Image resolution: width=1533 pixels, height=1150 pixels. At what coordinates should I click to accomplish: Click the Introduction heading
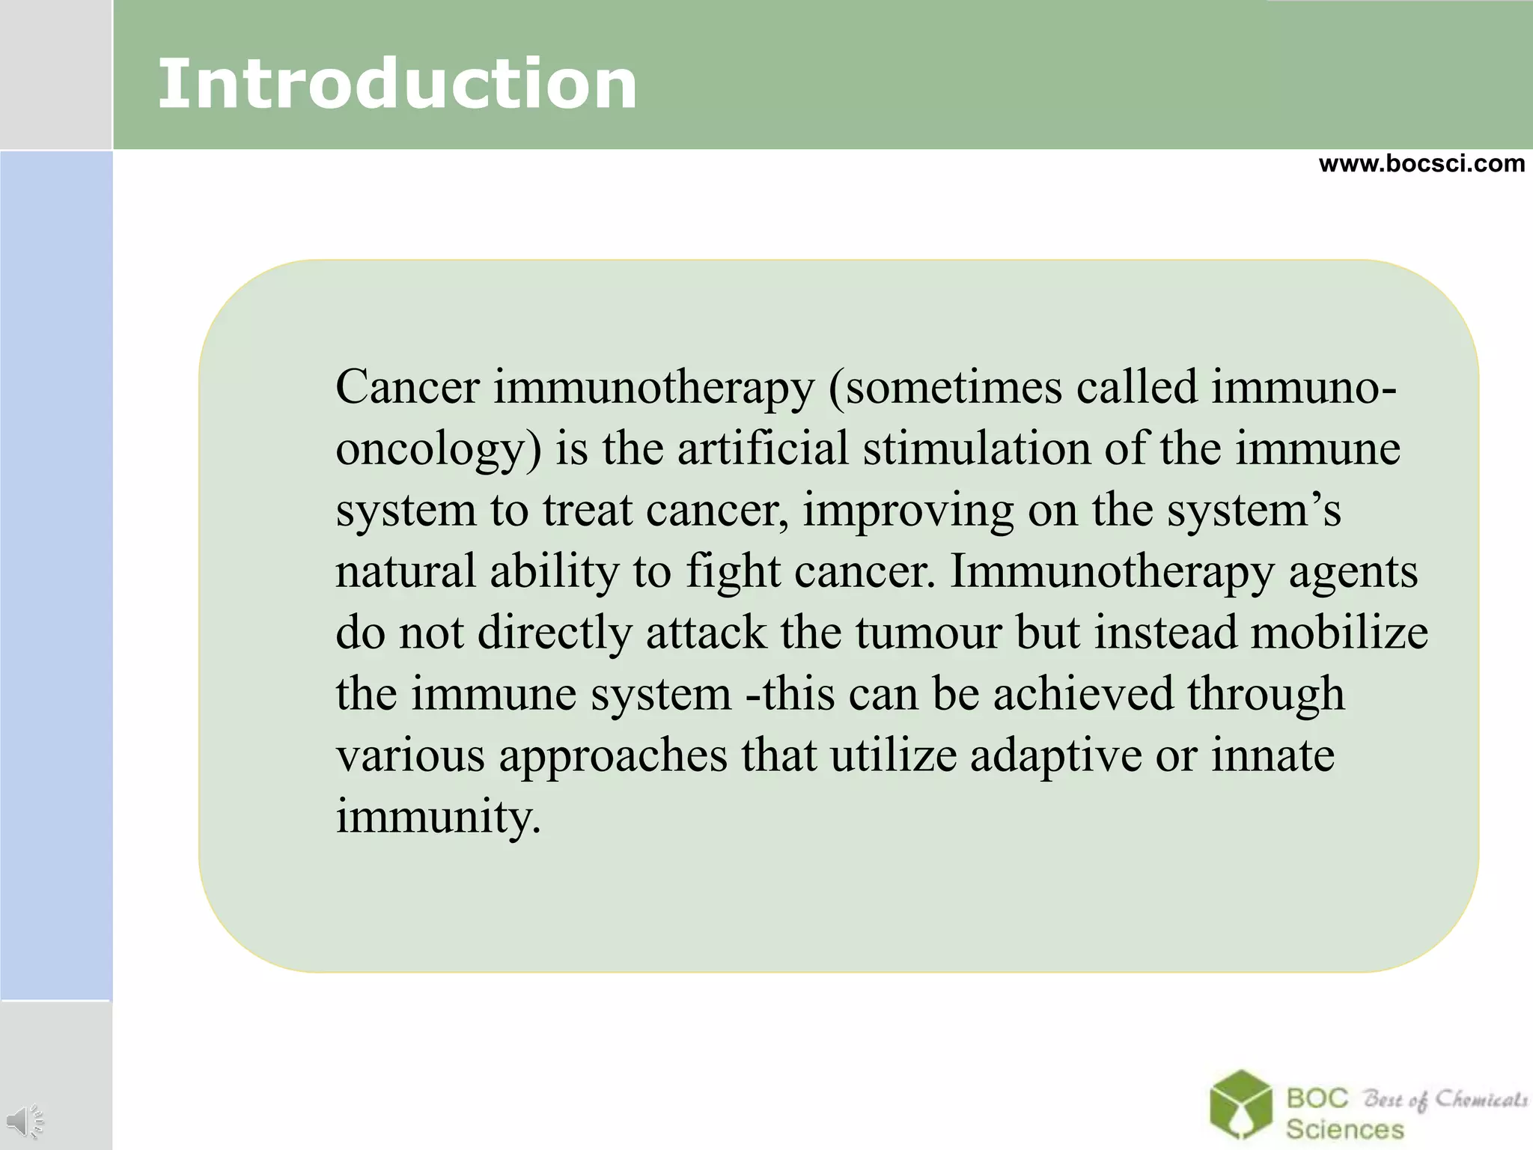click(x=397, y=84)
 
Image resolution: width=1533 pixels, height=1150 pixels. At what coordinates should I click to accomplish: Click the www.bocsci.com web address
click(x=1421, y=163)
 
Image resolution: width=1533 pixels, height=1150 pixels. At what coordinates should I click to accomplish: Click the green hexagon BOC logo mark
click(x=1240, y=1104)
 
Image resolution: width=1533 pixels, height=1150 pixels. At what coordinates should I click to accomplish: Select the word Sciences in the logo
click(x=1344, y=1128)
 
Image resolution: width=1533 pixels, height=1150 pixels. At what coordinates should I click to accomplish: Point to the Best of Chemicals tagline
click(x=1445, y=1099)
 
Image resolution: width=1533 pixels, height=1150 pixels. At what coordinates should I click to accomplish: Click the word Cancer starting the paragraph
click(x=407, y=388)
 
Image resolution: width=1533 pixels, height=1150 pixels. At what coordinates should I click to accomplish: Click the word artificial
click(x=763, y=448)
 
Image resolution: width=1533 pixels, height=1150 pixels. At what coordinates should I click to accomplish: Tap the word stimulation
click(x=976, y=448)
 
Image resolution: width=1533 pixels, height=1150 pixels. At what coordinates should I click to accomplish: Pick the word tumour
click(x=928, y=633)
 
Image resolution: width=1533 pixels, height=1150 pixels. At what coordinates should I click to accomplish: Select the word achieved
click(x=1082, y=694)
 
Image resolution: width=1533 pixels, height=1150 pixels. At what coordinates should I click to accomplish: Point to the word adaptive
click(x=1055, y=756)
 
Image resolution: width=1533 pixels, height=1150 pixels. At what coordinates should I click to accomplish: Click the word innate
click(x=1273, y=755)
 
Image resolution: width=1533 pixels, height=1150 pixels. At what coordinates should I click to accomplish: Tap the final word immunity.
click(x=438, y=818)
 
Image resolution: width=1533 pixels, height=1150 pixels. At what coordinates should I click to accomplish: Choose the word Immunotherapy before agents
click(x=1112, y=573)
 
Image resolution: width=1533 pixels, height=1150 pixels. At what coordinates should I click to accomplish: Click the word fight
click(x=733, y=573)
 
